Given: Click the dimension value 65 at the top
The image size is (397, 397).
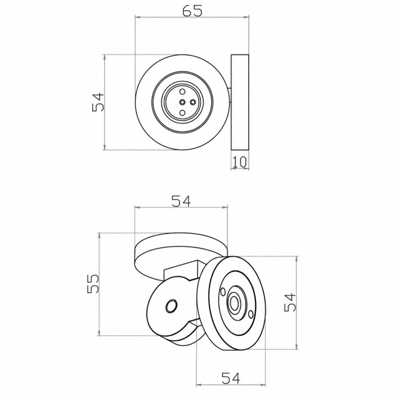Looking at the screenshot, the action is (192, 11).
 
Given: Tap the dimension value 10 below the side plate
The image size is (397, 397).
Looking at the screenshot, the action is (239, 162).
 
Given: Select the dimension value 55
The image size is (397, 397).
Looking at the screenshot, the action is (93, 283).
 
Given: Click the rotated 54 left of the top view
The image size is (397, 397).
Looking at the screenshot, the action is (98, 102).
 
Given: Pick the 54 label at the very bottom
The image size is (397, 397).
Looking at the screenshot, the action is (230, 378).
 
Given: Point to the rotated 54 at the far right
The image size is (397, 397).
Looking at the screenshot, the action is (290, 302).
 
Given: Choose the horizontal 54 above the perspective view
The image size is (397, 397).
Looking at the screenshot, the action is (181, 201).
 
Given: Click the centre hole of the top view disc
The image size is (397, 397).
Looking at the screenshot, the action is (183, 102).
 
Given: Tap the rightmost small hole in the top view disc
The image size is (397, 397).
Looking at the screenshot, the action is (193, 102).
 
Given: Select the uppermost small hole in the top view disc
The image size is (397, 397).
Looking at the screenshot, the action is (183, 92).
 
